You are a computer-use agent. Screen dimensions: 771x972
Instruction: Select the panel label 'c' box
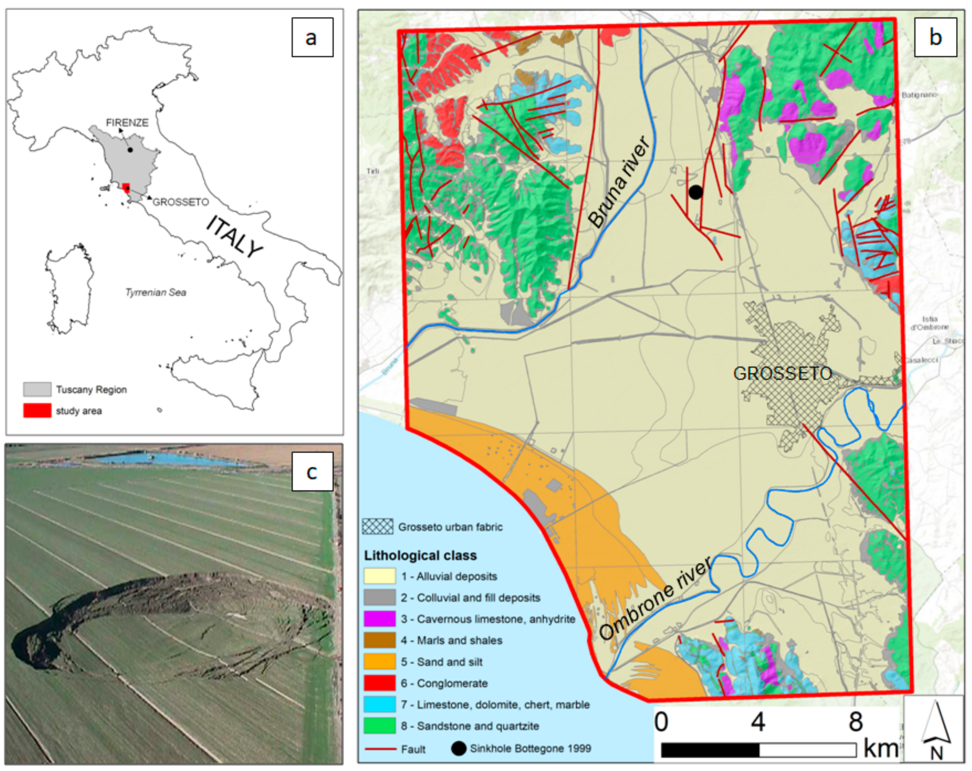pos(312,471)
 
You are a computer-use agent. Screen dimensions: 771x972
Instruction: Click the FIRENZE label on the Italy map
pos(127,123)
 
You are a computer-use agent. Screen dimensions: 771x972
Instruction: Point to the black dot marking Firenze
pos(130,150)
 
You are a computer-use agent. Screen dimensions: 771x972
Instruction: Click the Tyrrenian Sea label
pos(155,293)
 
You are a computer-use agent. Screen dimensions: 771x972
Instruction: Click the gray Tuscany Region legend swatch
pos(37,389)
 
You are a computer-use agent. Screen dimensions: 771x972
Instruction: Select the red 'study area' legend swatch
pos(37,410)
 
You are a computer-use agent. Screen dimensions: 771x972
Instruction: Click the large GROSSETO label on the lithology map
pos(782,373)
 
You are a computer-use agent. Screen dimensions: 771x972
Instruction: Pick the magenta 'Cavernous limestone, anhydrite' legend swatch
pos(379,619)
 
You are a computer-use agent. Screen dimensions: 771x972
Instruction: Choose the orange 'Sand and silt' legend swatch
pos(379,661)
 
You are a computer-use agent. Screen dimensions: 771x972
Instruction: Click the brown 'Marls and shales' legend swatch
pos(379,640)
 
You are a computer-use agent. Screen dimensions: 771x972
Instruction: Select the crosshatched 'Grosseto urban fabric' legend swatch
pos(378,526)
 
